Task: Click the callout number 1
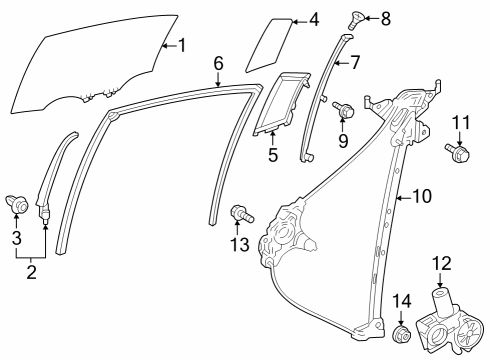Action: tap(181, 44)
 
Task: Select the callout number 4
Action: tap(313, 19)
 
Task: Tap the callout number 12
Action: tap(441, 263)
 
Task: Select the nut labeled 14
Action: tap(401, 334)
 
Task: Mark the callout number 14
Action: tap(402, 301)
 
